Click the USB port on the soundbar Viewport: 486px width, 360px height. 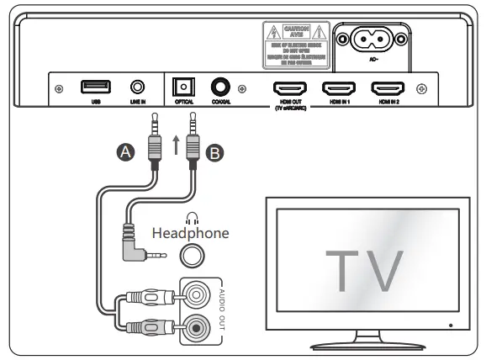[92, 87]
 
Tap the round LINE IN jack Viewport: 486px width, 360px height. [137, 87]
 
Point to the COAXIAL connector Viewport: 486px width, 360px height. [222, 87]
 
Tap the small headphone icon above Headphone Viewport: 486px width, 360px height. [193, 217]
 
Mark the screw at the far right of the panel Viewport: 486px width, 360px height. [421, 87]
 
